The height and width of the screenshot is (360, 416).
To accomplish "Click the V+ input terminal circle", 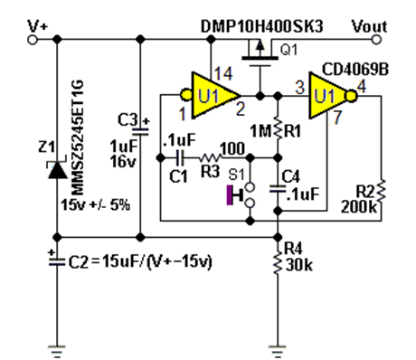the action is click(33, 40).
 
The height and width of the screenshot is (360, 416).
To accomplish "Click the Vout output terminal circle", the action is click(376, 40).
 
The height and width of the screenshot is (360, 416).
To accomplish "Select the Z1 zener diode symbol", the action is click(57, 170).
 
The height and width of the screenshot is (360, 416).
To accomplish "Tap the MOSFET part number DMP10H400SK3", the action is click(261, 26).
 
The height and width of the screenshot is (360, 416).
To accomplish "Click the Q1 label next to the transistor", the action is click(288, 50).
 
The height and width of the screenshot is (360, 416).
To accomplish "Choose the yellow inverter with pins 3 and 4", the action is click(333, 96).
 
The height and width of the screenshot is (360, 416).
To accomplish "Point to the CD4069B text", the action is click(355, 69).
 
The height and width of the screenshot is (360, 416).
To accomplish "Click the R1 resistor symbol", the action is click(278, 129).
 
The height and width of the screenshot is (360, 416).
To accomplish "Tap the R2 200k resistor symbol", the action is click(381, 192).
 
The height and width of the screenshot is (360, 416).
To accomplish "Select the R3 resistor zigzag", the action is click(211, 157).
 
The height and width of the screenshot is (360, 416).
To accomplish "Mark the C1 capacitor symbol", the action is click(180, 157).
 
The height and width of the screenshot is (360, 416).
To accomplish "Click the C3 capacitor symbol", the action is click(140, 131).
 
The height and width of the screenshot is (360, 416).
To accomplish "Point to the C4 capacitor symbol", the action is click(278, 189).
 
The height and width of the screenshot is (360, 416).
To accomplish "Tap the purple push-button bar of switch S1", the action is click(230, 195).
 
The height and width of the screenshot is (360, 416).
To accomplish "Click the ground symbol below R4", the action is click(278, 352).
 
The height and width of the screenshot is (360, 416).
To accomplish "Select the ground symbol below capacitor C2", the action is click(57, 352).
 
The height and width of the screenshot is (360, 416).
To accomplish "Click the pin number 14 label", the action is click(223, 74).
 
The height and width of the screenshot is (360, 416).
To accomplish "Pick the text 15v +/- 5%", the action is click(96, 205).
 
